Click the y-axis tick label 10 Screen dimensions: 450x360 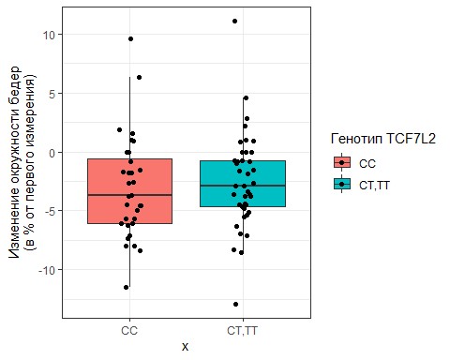[x=50, y=35]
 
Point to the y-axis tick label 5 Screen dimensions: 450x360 [x=53, y=93]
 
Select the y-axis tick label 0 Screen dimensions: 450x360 [x=53, y=152]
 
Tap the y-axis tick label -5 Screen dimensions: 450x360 [x=52, y=211]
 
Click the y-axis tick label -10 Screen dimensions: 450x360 [x=48, y=270]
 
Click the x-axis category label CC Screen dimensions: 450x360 [x=129, y=331]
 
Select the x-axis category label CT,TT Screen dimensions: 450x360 [x=243, y=331]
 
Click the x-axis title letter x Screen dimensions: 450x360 [x=186, y=347]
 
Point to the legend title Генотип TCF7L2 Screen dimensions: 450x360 [x=383, y=139]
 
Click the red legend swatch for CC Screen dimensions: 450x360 [x=342, y=162]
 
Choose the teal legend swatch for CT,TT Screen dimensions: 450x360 [x=342, y=185]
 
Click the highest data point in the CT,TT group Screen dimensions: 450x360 [x=234, y=22]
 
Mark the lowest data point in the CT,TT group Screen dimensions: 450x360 [x=235, y=304]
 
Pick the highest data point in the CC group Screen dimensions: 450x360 [x=130, y=38]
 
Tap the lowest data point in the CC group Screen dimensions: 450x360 [x=127, y=287]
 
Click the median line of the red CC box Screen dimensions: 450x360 [x=129, y=195]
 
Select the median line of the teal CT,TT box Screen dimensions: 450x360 [x=243, y=186]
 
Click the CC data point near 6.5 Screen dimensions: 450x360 [x=139, y=77]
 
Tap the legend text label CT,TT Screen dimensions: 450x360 [x=374, y=186]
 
